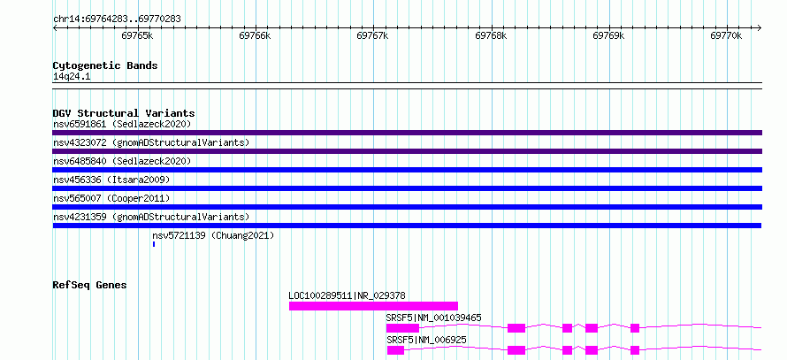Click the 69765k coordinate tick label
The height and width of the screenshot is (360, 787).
[137, 35]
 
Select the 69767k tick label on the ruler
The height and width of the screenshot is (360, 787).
[372, 35]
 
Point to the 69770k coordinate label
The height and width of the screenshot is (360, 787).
[726, 35]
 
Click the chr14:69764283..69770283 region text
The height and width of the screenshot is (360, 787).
[117, 19]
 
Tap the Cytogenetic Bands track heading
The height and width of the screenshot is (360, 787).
[105, 65]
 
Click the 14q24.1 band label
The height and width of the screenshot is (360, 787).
[72, 77]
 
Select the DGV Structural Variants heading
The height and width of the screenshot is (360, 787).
[124, 113]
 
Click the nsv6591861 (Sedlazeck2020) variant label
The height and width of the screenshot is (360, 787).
[122, 124]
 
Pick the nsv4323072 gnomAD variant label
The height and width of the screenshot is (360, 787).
[151, 142]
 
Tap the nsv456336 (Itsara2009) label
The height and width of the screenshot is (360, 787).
[111, 180]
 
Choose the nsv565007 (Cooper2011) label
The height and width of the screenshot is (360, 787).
[111, 198]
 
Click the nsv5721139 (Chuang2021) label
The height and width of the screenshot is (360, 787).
[213, 235]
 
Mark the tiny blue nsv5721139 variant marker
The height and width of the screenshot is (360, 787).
[154, 244]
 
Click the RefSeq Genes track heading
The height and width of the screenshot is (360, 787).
[89, 285]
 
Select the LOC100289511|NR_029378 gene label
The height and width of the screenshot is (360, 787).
[347, 295]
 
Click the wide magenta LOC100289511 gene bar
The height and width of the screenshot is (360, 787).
[373, 306]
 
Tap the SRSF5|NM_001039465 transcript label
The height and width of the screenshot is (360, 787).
[433, 318]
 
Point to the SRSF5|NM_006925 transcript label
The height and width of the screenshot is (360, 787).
[426, 341]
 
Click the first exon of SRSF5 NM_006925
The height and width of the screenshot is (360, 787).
[395, 350]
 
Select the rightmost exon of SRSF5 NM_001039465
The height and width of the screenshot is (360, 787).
[635, 328]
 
